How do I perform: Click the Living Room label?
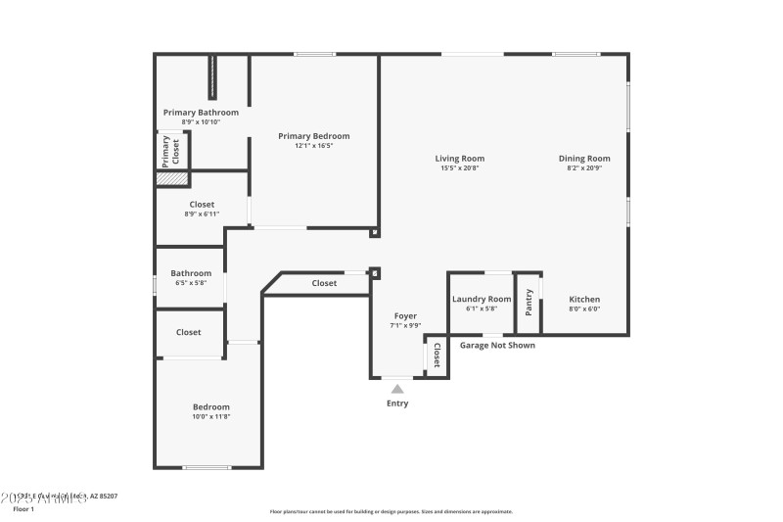[459, 159]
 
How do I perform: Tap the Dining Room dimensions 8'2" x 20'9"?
[584, 168]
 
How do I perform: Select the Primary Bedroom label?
[313, 136]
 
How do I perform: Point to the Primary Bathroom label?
[201, 113]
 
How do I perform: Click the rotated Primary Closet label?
[171, 150]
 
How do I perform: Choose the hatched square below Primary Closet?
[172, 178]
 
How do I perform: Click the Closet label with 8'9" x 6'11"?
[201, 205]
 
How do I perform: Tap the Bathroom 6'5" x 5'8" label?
[191, 273]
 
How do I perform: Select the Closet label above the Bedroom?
[189, 332]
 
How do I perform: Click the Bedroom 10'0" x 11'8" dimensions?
[210, 416]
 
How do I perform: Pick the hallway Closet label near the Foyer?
[324, 283]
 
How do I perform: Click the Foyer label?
[405, 315]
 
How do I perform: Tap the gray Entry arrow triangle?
[397, 389]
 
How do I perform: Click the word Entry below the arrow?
[397, 403]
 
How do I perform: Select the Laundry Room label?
[481, 299]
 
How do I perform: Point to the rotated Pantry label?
[530, 302]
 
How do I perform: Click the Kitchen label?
[584, 299]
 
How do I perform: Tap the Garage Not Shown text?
[497, 345]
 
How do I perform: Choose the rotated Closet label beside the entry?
[437, 356]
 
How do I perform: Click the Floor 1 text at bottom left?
[23, 509]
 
